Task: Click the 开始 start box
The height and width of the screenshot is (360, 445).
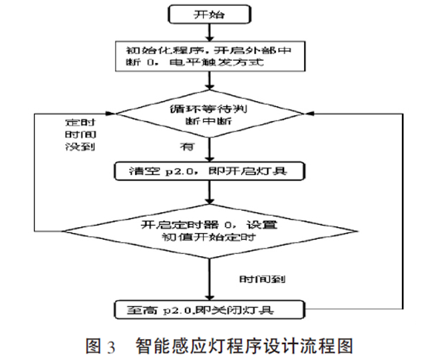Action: tap(212, 13)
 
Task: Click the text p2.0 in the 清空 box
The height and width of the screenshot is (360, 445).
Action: tap(168, 171)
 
